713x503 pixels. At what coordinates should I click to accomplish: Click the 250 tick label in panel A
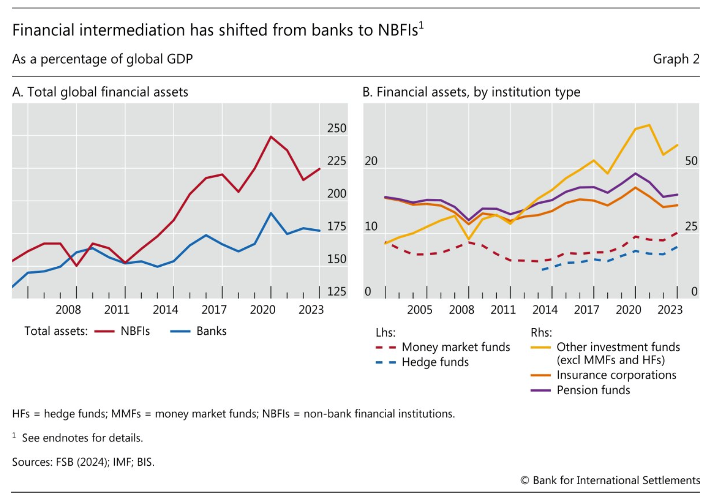click(336, 128)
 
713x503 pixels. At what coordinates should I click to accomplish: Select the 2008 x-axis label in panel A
click(68, 310)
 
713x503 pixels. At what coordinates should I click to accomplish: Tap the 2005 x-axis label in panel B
click(419, 310)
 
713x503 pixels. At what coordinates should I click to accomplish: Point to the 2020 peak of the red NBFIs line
click(271, 137)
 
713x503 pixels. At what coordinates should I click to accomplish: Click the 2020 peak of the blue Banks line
click(271, 213)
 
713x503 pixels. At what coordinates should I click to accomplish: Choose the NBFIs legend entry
click(135, 331)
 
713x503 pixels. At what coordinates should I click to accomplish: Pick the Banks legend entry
click(211, 331)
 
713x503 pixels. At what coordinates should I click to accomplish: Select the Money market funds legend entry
click(455, 347)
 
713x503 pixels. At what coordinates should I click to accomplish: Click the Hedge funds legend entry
click(435, 362)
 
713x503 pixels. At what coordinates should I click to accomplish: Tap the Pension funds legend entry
click(593, 390)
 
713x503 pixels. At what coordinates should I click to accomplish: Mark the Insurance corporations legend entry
click(616, 375)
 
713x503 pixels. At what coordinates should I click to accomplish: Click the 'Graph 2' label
click(676, 59)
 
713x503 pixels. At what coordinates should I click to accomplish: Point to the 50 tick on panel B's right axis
click(691, 161)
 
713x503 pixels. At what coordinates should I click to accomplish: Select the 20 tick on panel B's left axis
click(371, 161)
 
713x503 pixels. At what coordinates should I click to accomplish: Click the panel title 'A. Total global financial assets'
click(100, 92)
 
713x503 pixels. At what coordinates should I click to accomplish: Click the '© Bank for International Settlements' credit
click(610, 480)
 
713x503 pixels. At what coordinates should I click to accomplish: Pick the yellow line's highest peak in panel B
click(649, 125)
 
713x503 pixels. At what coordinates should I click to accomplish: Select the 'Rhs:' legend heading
click(541, 333)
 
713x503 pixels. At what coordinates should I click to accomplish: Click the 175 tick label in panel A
click(336, 226)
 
